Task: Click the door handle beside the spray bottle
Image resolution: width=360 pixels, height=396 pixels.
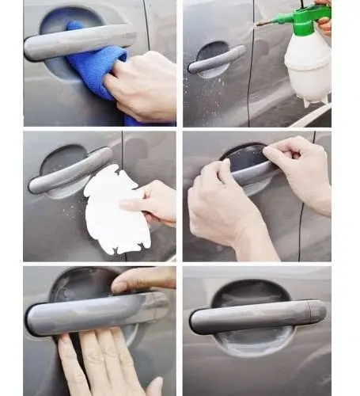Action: tap(216, 59)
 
